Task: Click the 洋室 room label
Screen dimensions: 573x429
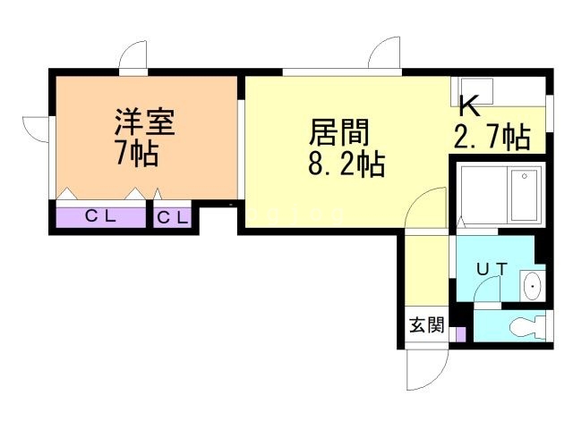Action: (145, 122)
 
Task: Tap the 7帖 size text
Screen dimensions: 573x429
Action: (137, 153)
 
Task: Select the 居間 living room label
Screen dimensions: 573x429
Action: (339, 132)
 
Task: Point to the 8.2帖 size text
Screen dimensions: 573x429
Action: (346, 164)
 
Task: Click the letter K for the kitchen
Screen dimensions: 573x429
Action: (469, 105)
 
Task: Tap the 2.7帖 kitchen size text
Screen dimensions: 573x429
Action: (492, 137)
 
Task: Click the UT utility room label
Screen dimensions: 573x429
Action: (492, 269)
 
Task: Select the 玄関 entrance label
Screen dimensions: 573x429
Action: (426, 324)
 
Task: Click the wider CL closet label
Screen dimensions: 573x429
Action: (101, 216)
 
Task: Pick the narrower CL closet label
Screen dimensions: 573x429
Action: (173, 218)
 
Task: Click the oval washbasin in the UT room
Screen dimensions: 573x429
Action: (533, 286)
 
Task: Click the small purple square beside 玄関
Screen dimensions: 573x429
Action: (461, 334)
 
